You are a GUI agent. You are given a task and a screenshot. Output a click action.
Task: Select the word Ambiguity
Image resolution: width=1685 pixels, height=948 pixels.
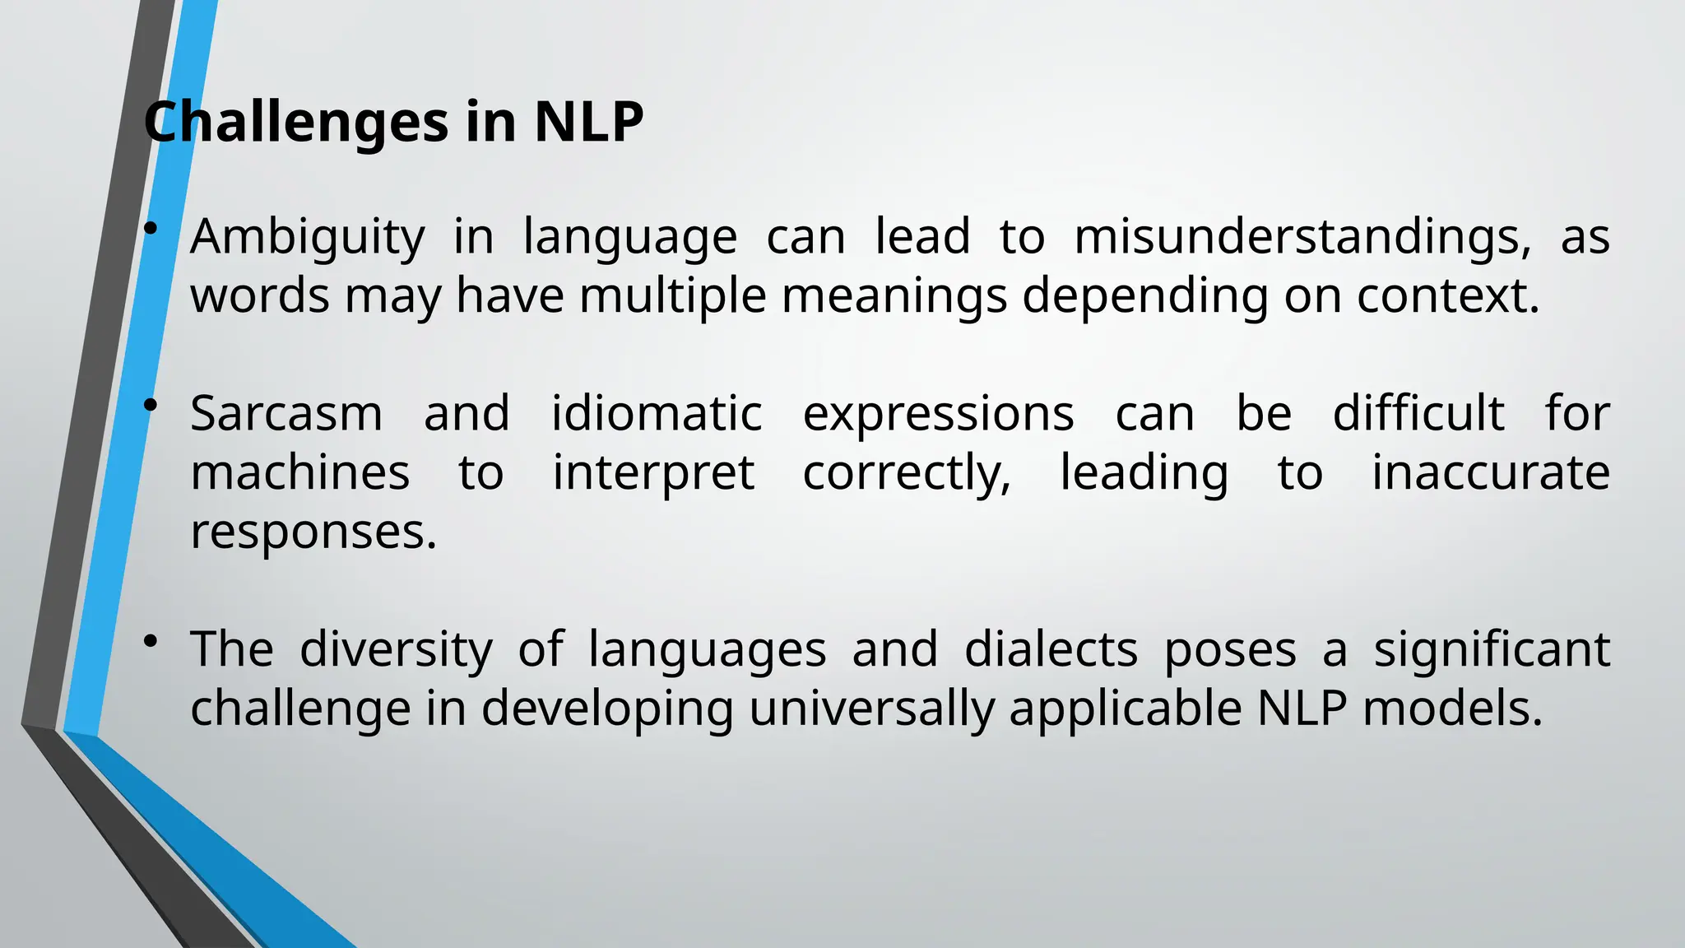308,237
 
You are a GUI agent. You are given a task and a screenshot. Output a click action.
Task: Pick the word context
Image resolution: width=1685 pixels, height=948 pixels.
1447,295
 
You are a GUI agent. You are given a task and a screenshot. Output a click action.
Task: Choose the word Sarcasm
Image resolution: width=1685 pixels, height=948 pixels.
286,413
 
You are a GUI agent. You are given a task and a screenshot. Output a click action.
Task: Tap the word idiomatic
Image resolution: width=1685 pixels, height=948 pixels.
657,413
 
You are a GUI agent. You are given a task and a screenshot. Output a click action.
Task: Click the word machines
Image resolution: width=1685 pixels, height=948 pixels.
300,472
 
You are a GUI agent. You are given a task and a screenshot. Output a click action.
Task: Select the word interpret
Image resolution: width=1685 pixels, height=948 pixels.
653,474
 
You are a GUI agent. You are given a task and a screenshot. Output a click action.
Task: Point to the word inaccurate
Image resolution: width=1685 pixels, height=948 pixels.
1490,472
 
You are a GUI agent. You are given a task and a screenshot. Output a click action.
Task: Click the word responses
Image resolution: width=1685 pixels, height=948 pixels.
313,532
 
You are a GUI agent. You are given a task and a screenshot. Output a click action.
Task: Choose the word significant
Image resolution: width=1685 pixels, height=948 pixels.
1492,650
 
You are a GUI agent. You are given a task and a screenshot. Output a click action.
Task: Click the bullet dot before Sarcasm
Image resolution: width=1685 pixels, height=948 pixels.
150,405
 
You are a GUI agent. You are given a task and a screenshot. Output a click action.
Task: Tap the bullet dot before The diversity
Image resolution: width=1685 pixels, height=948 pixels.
150,641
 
